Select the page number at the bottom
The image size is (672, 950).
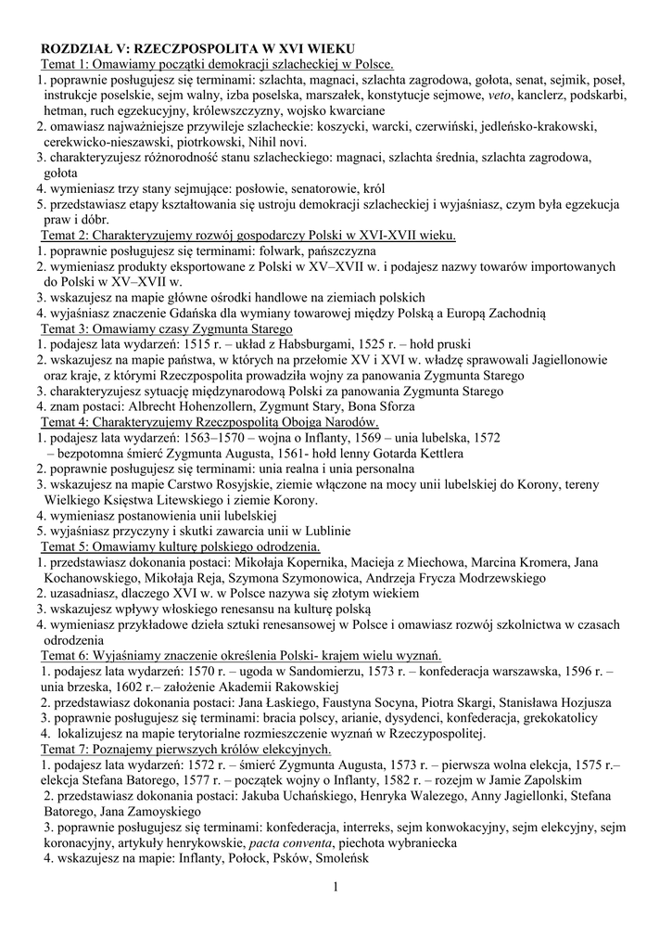click(336, 891)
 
